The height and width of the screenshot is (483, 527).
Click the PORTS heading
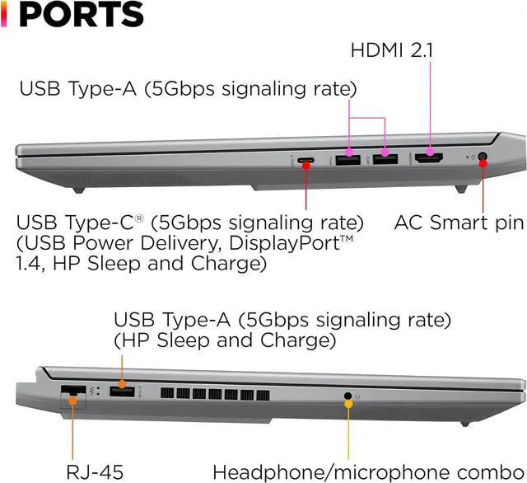[81, 16]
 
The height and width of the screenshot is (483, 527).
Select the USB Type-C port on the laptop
[306, 160]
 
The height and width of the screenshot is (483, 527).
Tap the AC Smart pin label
[459, 222]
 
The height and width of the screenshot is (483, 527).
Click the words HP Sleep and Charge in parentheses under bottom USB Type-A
[223, 340]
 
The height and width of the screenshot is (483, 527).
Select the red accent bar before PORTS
[4, 15]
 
